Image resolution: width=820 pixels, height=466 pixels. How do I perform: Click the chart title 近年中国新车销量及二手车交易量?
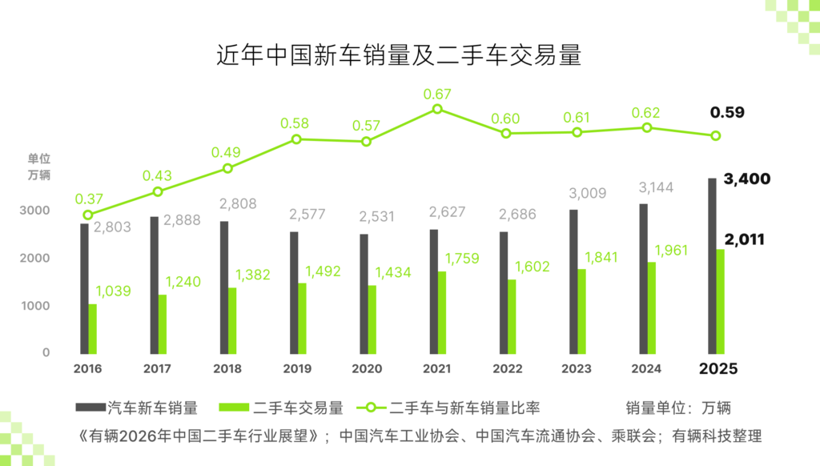(x=398, y=55)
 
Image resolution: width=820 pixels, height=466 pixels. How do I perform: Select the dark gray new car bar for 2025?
(x=712, y=265)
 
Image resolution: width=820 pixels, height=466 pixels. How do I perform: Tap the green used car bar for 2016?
(x=93, y=328)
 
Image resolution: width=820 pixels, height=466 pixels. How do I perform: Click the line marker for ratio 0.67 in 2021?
(x=437, y=108)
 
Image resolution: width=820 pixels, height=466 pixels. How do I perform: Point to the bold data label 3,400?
(x=746, y=179)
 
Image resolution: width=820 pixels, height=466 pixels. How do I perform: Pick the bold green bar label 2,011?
(x=744, y=239)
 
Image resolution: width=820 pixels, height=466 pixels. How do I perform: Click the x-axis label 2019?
(x=297, y=369)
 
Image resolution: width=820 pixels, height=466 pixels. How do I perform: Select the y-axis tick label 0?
(x=46, y=352)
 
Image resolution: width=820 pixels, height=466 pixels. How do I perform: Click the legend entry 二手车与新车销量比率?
(x=456, y=408)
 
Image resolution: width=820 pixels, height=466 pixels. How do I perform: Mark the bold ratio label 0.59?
(x=727, y=113)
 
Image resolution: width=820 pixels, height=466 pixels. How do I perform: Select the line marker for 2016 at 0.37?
(x=88, y=215)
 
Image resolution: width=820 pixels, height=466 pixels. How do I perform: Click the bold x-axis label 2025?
(x=717, y=369)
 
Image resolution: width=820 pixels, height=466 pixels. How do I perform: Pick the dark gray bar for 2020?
(x=364, y=293)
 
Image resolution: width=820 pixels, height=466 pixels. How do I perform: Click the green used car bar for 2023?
(x=581, y=311)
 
